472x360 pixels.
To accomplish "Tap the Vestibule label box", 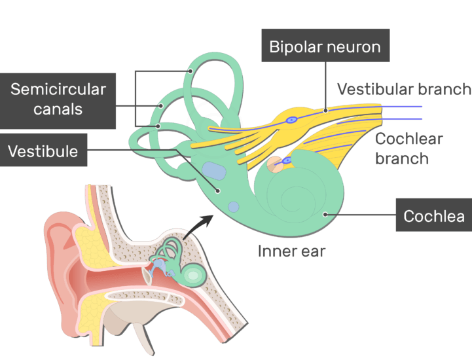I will (43, 152).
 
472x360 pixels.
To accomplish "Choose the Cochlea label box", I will (433, 215).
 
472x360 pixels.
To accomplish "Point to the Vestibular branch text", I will (403, 89).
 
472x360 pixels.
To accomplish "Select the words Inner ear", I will (291, 251).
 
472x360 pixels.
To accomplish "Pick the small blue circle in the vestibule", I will (233, 207).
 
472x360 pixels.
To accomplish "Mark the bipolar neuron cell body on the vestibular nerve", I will (293, 120).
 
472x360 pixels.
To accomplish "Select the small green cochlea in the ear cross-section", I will (192, 276).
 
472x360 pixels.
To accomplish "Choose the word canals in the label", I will (59, 109).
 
